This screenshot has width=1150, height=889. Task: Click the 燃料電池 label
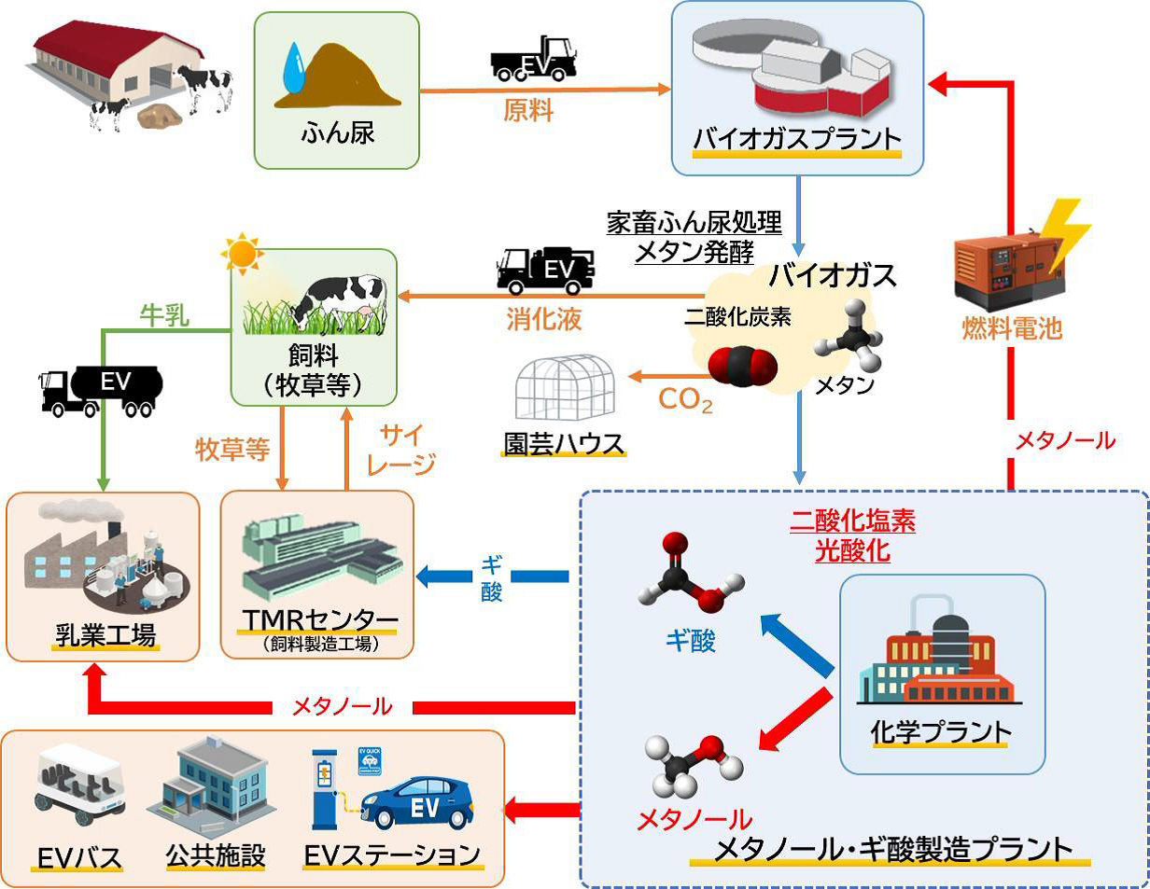[x=1013, y=327]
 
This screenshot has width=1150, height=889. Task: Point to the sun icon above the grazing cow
[x=242, y=253]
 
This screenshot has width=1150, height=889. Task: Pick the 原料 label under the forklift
[x=528, y=112]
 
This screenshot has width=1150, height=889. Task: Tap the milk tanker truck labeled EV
[x=101, y=387]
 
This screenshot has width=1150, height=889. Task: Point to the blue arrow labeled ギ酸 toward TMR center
[x=492, y=576]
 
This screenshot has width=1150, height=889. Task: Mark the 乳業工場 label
[x=104, y=637]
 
